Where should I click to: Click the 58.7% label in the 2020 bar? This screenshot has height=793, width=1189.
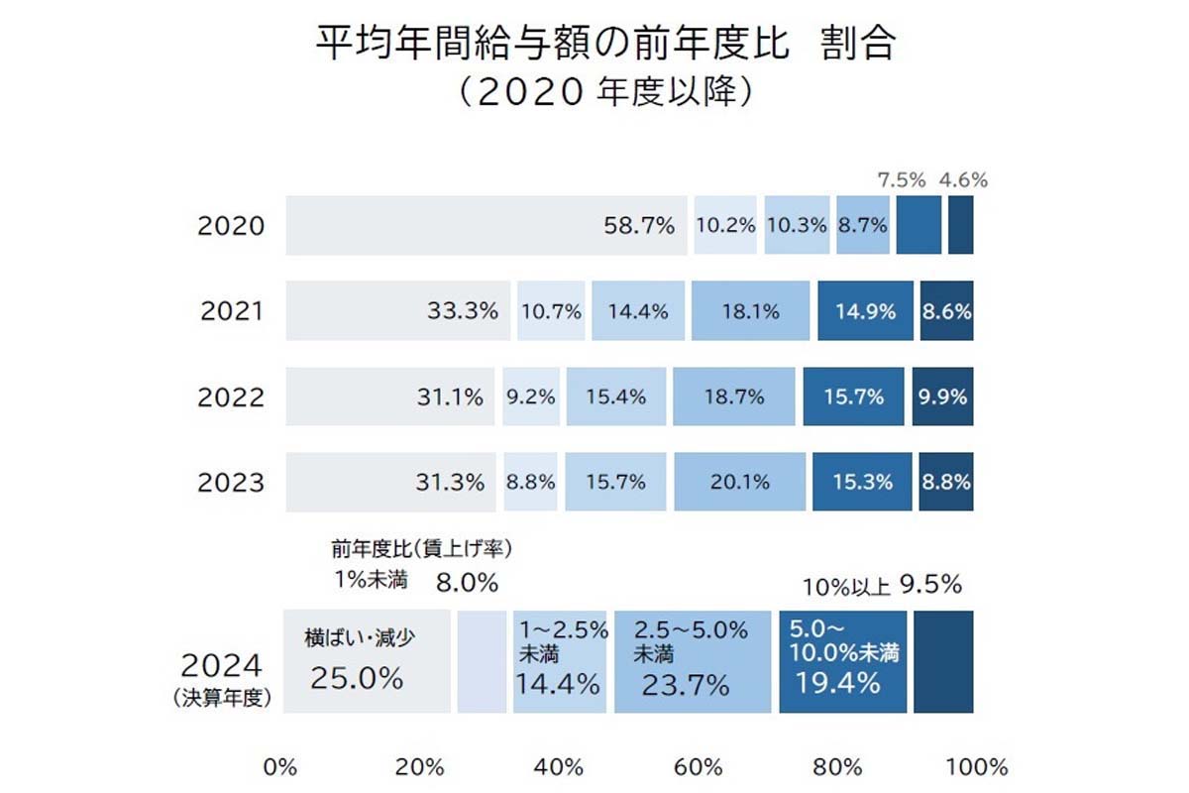pos(639,225)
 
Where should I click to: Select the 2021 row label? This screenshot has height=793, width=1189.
pos(232,311)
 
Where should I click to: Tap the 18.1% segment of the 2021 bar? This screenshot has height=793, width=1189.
pos(749,311)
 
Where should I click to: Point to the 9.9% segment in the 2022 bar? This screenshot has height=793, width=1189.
pos(942,396)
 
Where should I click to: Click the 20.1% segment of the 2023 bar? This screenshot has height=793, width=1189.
pos(739,483)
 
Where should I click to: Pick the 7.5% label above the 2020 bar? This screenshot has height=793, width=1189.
pos(902,180)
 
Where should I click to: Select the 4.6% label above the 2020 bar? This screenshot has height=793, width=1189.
pos(963,180)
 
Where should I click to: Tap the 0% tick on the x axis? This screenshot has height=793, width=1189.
pos(279,767)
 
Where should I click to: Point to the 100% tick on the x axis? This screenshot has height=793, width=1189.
pos(977,767)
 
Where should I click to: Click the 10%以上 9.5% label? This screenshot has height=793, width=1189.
pos(882,586)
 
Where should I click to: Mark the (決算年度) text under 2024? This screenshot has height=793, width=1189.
pos(221,697)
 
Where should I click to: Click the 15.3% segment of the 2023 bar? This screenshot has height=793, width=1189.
pos(859,483)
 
